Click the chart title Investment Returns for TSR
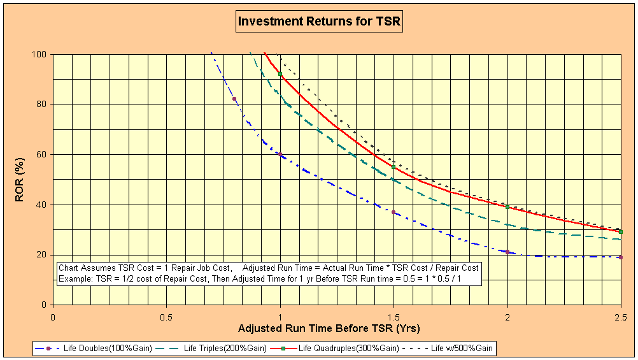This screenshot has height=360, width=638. (320, 21)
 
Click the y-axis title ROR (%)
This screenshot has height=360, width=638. (20, 180)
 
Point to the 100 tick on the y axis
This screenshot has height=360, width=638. (40, 54)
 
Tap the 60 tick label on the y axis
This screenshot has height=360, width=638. (42, 155)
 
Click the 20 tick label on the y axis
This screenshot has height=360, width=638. (42, 255)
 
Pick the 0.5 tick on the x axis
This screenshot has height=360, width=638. (166, 317)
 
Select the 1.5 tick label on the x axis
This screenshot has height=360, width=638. (393, 317)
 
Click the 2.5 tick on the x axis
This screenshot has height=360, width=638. (621, 317)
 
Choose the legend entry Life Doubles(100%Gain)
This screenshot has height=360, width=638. (94, 349)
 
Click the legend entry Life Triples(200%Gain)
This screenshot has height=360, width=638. (211, 349)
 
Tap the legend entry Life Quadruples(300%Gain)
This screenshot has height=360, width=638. (334, 349)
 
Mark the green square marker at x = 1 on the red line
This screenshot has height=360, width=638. (280, 74)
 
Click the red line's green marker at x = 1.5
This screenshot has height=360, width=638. (393, 167)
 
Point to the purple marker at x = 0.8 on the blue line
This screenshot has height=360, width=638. (234, 99)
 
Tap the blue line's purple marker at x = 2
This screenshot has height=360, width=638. (507, 252)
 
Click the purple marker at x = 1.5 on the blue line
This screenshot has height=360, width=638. (393, 212)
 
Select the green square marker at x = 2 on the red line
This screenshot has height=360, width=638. (507, 207)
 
